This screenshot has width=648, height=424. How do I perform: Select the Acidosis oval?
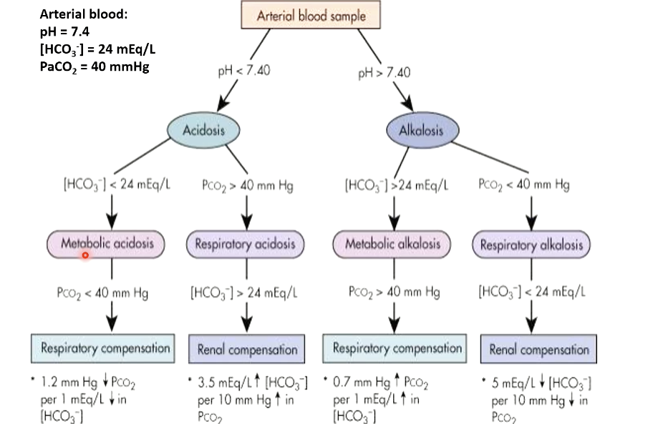click(203, 131)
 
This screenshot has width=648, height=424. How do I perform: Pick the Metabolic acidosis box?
click(106, 244)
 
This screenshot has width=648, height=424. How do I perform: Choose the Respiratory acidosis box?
click(246, 245)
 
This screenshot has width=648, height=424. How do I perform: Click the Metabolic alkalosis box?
click(392, 245)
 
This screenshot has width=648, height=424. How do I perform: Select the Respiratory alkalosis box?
click(531, 245)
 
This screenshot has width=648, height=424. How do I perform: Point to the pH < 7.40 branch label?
click(243, 72)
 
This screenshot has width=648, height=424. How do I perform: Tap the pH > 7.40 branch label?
click(385, 73)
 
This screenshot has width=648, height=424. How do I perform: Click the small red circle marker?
click(85, 255)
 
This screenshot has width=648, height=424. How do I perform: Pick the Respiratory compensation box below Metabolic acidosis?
click(105, 349)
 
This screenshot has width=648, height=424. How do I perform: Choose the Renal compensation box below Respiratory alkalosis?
click(538, 350)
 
